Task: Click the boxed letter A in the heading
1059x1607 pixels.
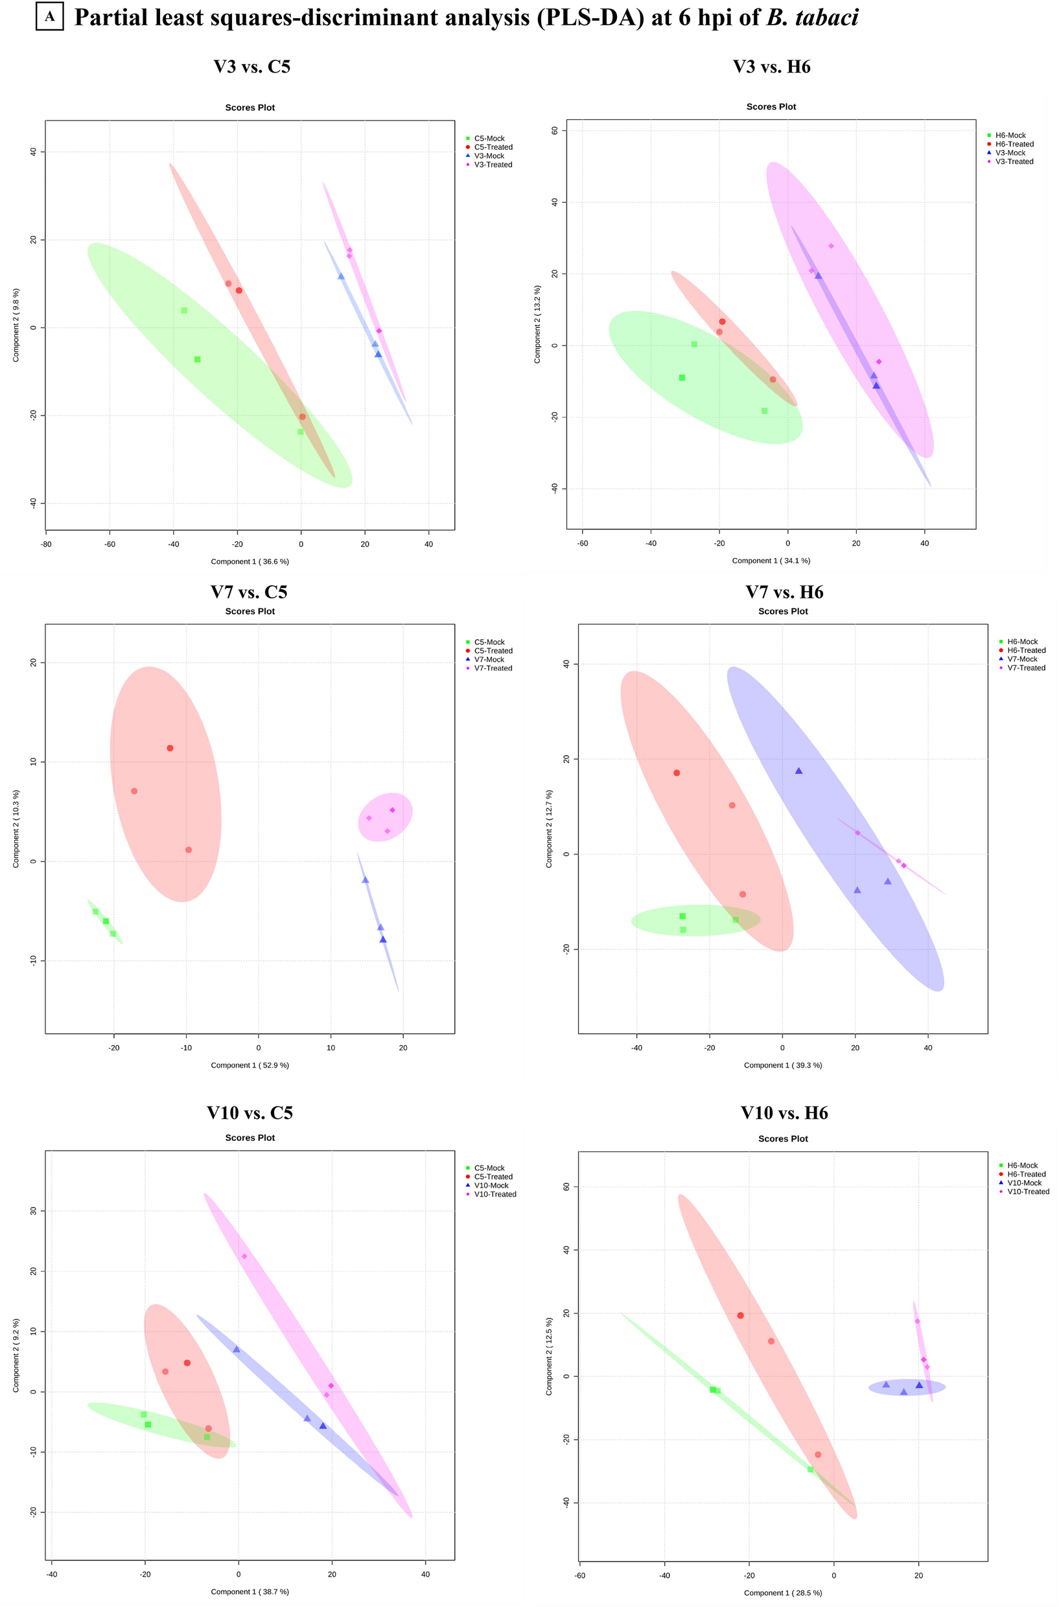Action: coord(50,17)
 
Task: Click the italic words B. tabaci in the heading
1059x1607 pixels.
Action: coord(812,18)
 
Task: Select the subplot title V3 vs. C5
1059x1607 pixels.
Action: coord(252,67)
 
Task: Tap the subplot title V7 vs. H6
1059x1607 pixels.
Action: coord(784,592)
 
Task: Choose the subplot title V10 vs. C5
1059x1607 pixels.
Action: coord(250,1112)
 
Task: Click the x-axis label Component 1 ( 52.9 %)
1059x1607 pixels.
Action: coord(250,1065)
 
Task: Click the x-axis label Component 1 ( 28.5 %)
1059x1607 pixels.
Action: coord(783,1593)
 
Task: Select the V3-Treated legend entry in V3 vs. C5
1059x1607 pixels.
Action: coord(493,165)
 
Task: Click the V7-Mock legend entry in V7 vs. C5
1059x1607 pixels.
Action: coord(488,659)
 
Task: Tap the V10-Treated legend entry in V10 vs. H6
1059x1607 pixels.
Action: coord(1027,1191)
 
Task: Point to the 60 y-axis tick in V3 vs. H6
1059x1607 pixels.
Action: coord(555,130)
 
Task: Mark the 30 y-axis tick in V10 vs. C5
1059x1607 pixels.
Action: coord(33,1210)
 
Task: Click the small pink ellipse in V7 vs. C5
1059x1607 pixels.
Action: coord(385,817)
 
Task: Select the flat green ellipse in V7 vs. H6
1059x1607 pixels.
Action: coord(695,920)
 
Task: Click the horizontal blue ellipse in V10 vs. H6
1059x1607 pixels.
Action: coord(906,1387)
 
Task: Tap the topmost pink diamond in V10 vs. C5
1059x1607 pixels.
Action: coord(244,1256)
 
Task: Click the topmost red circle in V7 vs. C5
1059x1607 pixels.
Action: coord(170,748)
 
